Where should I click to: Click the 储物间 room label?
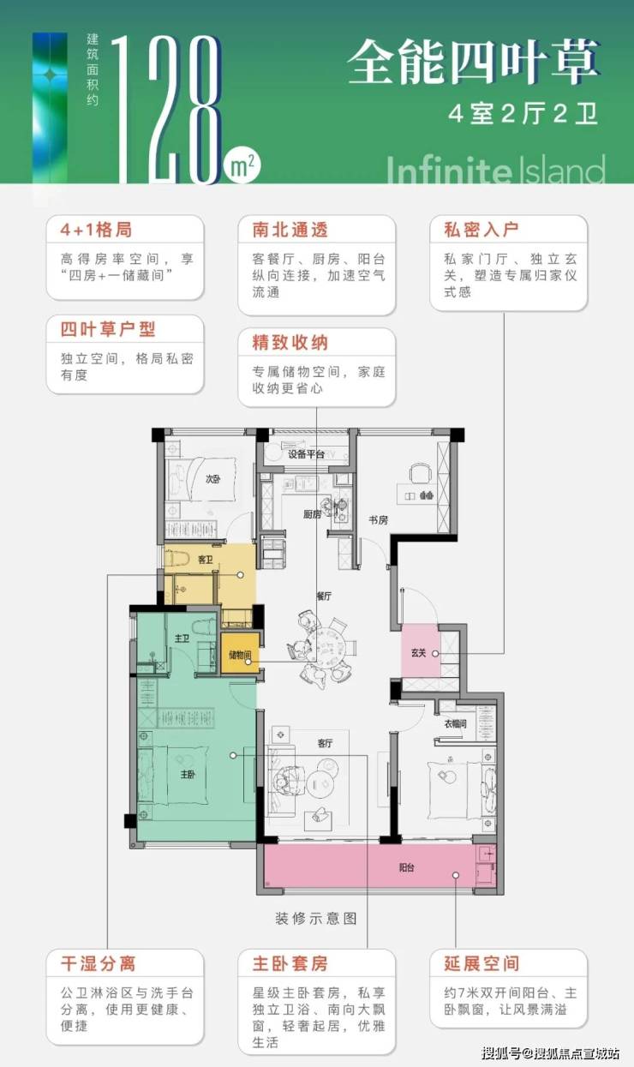tap(240, 655)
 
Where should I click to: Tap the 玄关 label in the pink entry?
tap(418, 653)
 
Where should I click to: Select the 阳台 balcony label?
tap(406, 867)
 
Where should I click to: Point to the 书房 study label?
tap(378, 520)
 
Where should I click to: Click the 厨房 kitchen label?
tap(312, 514)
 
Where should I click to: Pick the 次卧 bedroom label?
tap(212, 479)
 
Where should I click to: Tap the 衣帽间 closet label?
tap(456, 723)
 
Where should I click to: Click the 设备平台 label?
tap(306, 454)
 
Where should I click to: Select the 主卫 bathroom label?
tap(182, 638)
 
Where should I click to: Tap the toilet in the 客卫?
tap(176, 557)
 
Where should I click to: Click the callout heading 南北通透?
tap(290, 230)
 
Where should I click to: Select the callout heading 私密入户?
tap(481, 230)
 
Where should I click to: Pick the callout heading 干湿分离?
tap(99, 963)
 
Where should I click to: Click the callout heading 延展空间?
tap(481, 963)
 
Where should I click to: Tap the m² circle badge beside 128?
tap(242, 165)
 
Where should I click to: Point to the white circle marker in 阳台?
tap(456, 875)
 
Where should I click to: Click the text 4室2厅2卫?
tap(523, 114)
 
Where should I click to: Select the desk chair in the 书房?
tap(420, 473)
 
